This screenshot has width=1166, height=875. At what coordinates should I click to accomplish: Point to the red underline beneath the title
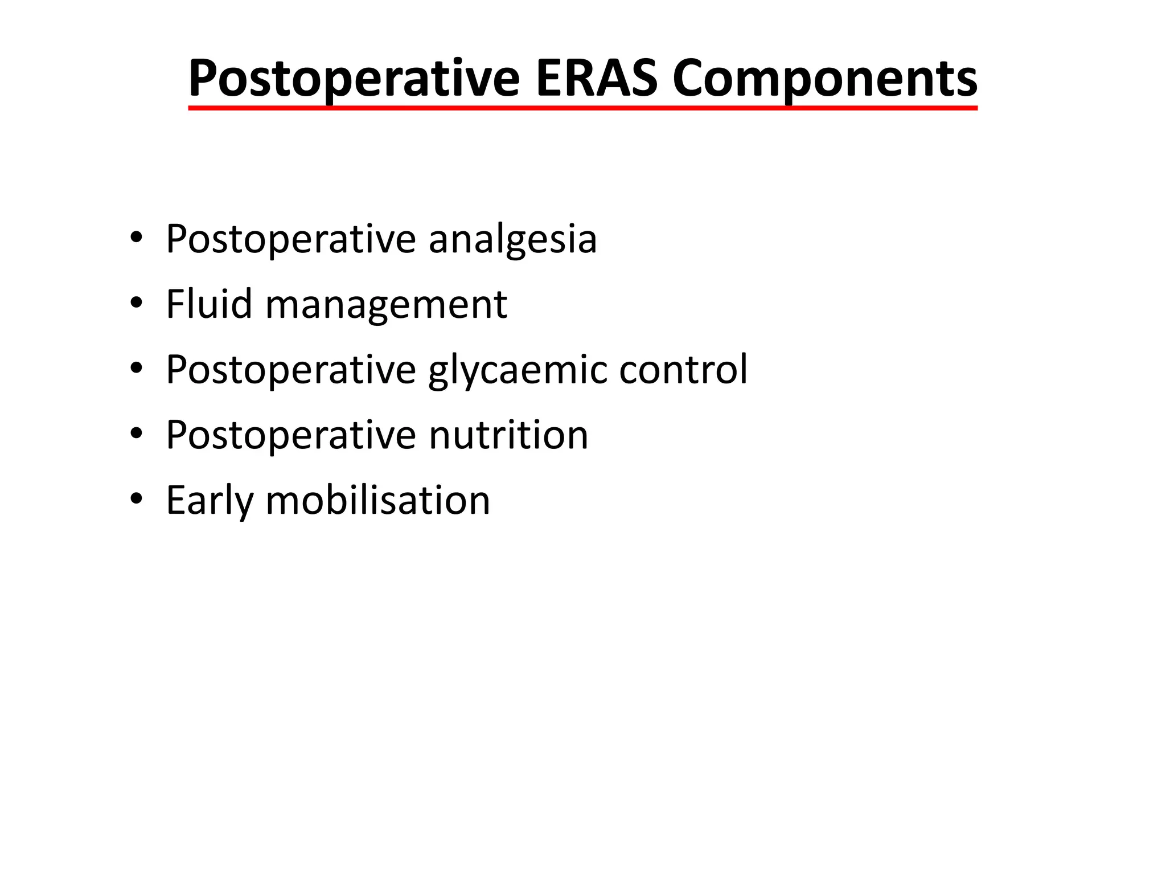tap(582, 107)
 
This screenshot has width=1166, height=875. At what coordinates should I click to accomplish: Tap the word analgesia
tap(512, 239)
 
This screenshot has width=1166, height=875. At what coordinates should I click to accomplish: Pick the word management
tap(386, 305)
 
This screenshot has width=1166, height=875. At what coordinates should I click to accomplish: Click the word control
tap(683, 370)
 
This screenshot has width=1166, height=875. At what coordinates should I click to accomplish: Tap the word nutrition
tap(508, 435)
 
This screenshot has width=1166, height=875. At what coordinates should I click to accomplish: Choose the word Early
tap(209, 501)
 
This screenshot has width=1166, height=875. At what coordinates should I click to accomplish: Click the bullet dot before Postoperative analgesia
tap(136, 238)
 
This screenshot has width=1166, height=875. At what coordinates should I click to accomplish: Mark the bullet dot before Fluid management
tap(136, 304)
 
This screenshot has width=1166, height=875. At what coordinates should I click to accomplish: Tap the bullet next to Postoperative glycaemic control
tap(136, 369)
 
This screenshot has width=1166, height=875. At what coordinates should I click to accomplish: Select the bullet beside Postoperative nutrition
tap(136, 435)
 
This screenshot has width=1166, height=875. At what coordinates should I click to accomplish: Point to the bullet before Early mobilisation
tap(136, 500)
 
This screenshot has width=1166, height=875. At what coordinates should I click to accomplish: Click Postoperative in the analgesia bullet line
tap(291, 239)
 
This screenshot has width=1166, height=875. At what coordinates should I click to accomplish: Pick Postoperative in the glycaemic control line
tap(291, 370)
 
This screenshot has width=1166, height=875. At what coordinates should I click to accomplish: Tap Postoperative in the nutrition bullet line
tap(291, 436)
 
